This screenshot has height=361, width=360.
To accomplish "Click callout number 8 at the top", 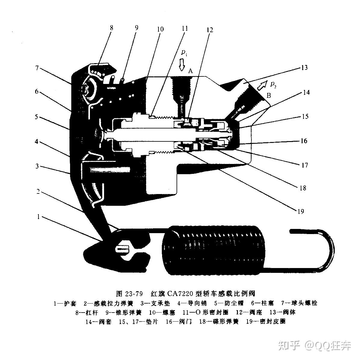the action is pos(112,28).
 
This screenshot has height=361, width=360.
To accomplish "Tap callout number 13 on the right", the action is pos(304,67).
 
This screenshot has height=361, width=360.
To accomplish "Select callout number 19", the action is pos(300,211).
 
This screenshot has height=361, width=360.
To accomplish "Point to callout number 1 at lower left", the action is pos(38,217).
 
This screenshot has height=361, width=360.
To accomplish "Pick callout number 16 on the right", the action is pos(304,141).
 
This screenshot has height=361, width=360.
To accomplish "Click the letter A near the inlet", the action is pos(190,71).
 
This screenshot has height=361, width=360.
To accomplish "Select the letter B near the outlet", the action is pos(269,96).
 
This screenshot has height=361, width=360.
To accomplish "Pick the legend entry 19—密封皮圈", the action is pos(266,322).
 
